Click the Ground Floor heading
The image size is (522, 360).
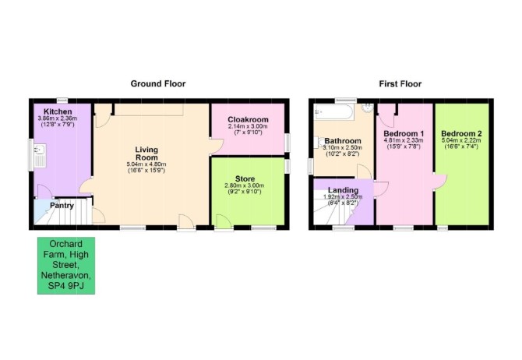coord(158,83)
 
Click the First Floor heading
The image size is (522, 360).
coord(400,84)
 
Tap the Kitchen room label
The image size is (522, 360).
coord(58,111)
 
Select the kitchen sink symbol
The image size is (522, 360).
coord(39,156)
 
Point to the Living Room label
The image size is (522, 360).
coord(146,154)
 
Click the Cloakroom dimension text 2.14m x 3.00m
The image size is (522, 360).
coord(248,126)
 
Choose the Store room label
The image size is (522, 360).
coord(245,179)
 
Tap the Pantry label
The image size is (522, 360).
coord(62,206)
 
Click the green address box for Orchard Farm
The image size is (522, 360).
coord(66,266)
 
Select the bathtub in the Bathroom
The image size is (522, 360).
coord(334,111)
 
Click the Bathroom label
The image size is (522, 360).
coord(343,141)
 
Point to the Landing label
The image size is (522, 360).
coord(344,190)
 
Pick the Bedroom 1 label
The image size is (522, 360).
coord(404,134)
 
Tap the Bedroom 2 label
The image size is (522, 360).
coord(461,134)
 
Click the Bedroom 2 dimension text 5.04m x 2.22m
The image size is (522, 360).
coord(461,140)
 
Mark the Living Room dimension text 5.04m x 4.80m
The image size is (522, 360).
coord(146,164)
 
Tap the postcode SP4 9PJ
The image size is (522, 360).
coord(66,286)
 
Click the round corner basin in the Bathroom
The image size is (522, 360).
coord(368,108)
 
